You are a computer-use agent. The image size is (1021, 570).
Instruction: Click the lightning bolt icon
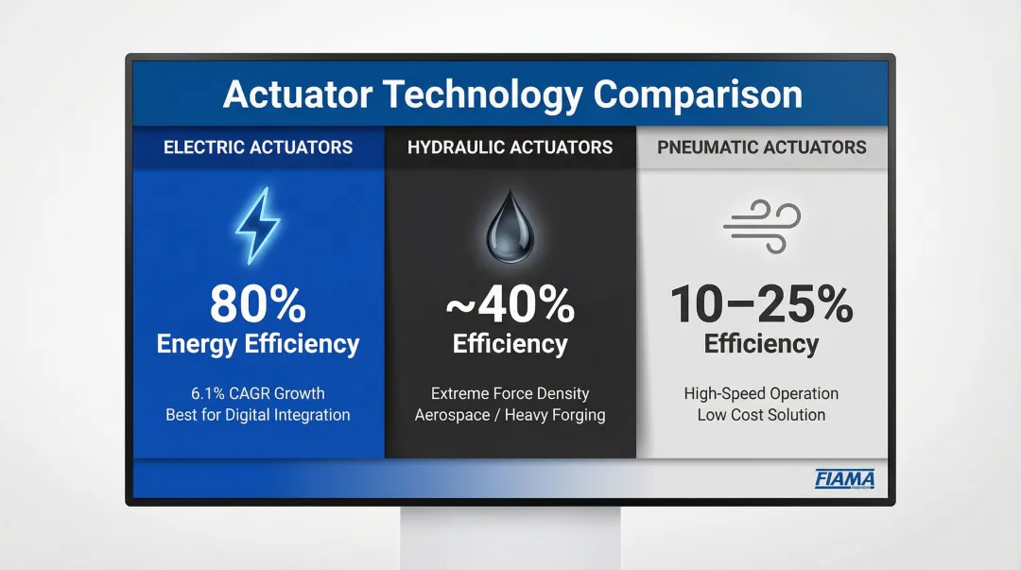tap(257, 226)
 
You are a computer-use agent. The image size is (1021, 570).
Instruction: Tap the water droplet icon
tap(510, 227)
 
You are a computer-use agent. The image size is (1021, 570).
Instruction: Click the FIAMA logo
tap(844, 479)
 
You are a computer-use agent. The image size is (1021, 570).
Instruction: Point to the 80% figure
tap(258, 304)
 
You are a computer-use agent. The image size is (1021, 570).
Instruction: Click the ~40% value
tap(510, 304)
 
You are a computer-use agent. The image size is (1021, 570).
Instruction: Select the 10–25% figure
tap(761, 304)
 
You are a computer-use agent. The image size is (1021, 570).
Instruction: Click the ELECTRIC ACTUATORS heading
tap(258, 147)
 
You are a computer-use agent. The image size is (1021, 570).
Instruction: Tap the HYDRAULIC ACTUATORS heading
tap(510, 147)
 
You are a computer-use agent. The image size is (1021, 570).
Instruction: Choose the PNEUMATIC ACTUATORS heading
tap(761, 147)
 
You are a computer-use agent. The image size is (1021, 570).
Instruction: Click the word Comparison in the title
tap(698, 95)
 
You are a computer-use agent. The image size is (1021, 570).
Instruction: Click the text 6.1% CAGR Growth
tap(258, 393)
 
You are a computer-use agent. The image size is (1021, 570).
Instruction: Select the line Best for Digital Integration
tap(258, 415)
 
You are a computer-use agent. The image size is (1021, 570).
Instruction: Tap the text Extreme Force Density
tap(510, 393)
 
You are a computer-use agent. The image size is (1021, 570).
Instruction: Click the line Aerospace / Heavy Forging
tap(510, 415)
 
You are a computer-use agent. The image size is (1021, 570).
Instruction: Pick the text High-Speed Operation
tap(761, 393)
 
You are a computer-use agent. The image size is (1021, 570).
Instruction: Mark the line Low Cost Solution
tap(761, 415)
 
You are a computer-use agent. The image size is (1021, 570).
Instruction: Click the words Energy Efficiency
tap(258, 344)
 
